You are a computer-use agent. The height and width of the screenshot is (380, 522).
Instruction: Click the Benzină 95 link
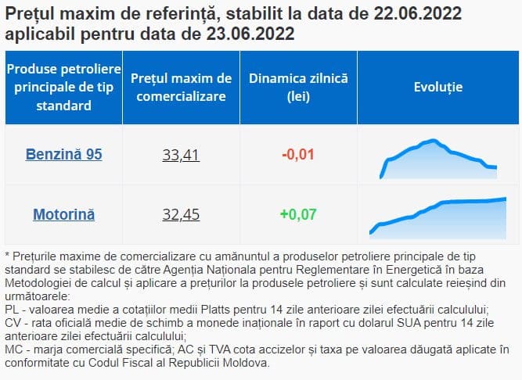pos(63,154)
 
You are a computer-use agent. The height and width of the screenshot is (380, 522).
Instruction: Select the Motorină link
pos(63,213)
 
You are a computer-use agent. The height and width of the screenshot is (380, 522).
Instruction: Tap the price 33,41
pos(181,154)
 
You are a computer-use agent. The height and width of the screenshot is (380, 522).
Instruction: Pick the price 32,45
pos(181,213)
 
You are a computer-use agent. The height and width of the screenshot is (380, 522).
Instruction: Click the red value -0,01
pos(297,154)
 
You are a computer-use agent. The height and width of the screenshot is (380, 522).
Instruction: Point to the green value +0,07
pos(297,213)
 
